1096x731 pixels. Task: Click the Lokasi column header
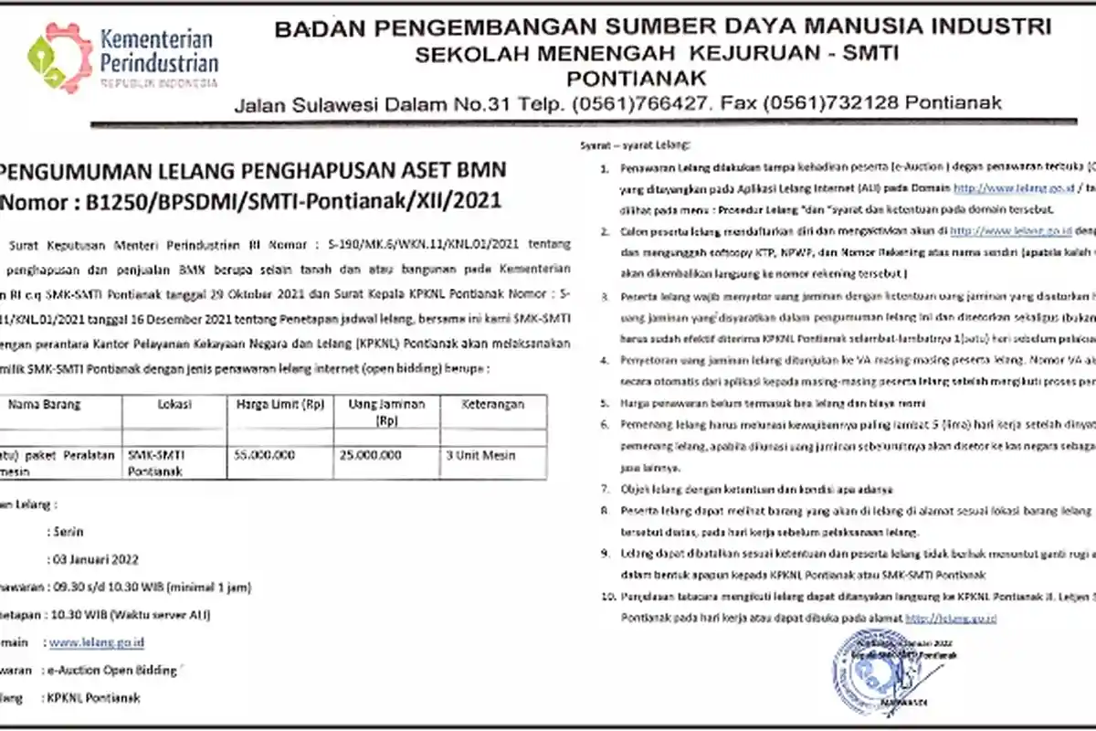174,403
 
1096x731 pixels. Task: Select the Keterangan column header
493,403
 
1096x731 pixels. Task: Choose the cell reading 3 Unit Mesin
481,454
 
